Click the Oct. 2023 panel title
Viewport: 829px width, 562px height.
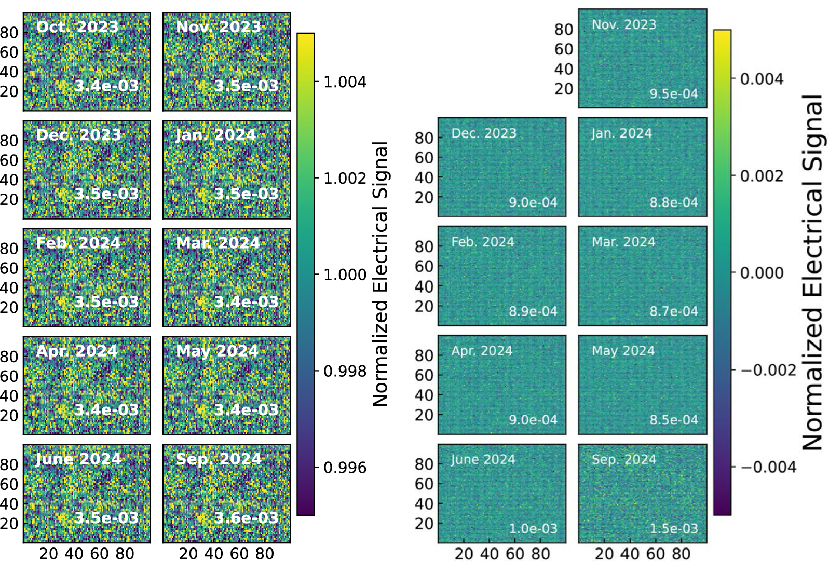click(x=77, y=26)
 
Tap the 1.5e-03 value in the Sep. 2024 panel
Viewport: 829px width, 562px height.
click(x=674, y=528)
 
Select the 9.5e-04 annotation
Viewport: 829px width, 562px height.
click(x=674, y=94)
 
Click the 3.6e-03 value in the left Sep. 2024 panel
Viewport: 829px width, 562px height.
click(x=246, y=517)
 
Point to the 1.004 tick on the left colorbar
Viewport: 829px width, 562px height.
click(x=345, y=82)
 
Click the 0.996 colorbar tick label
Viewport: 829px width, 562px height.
click(x=345, y=468)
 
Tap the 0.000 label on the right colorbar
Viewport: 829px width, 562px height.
click(x=762, y=273)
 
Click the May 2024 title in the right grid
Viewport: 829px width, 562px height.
click(x=623, y=351)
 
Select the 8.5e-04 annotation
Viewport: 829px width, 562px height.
click(x=674, y=420)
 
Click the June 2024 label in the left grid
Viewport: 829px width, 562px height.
click(x=78, y=459)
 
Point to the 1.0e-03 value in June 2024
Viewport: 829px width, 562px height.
click(x=533, y=528)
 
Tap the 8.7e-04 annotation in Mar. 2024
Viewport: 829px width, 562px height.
click(x=674, y=311)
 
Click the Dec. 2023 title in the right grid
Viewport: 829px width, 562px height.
click(x=484, y=133)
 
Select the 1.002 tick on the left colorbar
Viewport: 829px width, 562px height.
click(x=345, y=179)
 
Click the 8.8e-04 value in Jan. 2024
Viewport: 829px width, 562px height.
click(x=674, y=202)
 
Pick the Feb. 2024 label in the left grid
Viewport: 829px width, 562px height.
click(x=78, y=243)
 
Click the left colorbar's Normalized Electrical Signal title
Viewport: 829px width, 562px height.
click(x=380, y=273)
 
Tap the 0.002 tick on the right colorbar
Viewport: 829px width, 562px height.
click(x=762, y=176)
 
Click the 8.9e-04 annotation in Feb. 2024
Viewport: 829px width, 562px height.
click(x=533, y=311)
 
